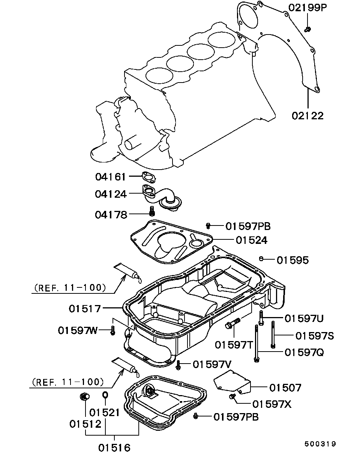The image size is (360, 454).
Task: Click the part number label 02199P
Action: pyautogui.click(x=307, y=8)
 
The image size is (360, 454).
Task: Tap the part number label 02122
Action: pyautogui.click(x=307, y=116)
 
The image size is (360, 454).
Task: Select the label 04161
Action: pyautogui.click(x=110, y=177)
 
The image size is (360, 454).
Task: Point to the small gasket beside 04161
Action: pyautogui.click(x=148, y=177)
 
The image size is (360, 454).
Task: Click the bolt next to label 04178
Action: pyautogui.click(x=152, y=211)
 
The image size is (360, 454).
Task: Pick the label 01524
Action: pyautogui.click(x=251, y=240)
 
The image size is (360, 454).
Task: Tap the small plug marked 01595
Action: pyautogui.click(x=261, y=259)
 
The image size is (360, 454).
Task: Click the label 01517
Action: pyautogui.click(x=85, y=309)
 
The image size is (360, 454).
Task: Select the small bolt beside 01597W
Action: pyautogui.click(x=113, y=330)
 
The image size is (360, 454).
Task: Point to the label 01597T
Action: pyautogui.click(x=234, y=345)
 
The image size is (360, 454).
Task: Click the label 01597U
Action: pyautogui.click(x=304, y=319)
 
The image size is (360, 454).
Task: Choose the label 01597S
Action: pyautogui.click(x=315, y=336)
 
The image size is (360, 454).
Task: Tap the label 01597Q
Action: pyautogui.click(x=304, y=352)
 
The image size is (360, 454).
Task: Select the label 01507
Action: pyautogui.click(x=285, y=388)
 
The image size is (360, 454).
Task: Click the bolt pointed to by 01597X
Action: pyautogui.click(x=232, y=397)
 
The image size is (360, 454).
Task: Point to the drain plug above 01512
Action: pyautogui.click(x=85, y=397)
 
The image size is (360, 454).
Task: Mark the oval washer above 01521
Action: pyautogui.click(x=105, y=395)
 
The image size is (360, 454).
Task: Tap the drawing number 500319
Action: pyautogui.click(x=320, y=436)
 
